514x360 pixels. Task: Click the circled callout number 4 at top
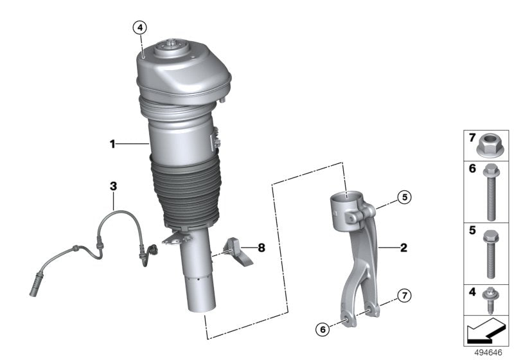click(x=140, y=27)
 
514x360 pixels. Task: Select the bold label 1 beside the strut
click(x=112, y=145)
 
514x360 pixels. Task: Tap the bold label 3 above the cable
click(x=113, y=186)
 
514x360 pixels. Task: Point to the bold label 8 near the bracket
click(x=261, y=247)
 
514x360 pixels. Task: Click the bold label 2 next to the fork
click(x=403, y=247)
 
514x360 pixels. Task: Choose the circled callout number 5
click(x=403, y=197)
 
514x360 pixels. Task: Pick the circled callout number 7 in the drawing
click(x=403, y=296)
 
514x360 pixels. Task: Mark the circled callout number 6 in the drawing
click(x=323, y=330)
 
